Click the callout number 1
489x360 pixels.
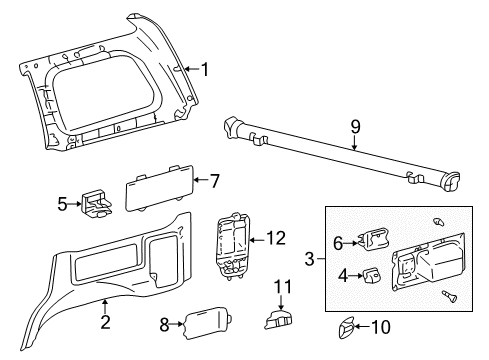(205, 69)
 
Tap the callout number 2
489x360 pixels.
(105, 321)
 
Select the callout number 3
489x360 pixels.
(310, 259)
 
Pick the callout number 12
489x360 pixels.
(277, 238)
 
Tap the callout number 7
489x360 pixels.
(213, 180)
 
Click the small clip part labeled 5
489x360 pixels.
(96, 204)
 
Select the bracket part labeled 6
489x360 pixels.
(374, 241)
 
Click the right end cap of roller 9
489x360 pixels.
(451, 181)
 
